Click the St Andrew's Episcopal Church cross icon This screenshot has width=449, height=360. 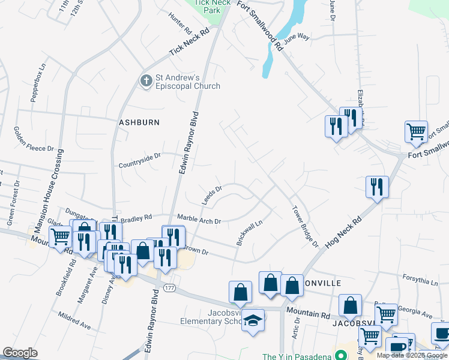(x=146, y=80)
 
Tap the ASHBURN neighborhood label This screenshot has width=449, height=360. (x=139, y=122)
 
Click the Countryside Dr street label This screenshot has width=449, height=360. (x=140, y=160)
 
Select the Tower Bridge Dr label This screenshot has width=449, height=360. (x=304, y=227)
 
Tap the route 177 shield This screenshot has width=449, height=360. (x=170, y=289)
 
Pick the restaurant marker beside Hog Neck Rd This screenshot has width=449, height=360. (x=377, y=187)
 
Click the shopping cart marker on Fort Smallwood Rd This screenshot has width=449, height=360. (x=416, y=131)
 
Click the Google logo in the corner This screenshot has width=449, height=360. (x=20, y=353)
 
